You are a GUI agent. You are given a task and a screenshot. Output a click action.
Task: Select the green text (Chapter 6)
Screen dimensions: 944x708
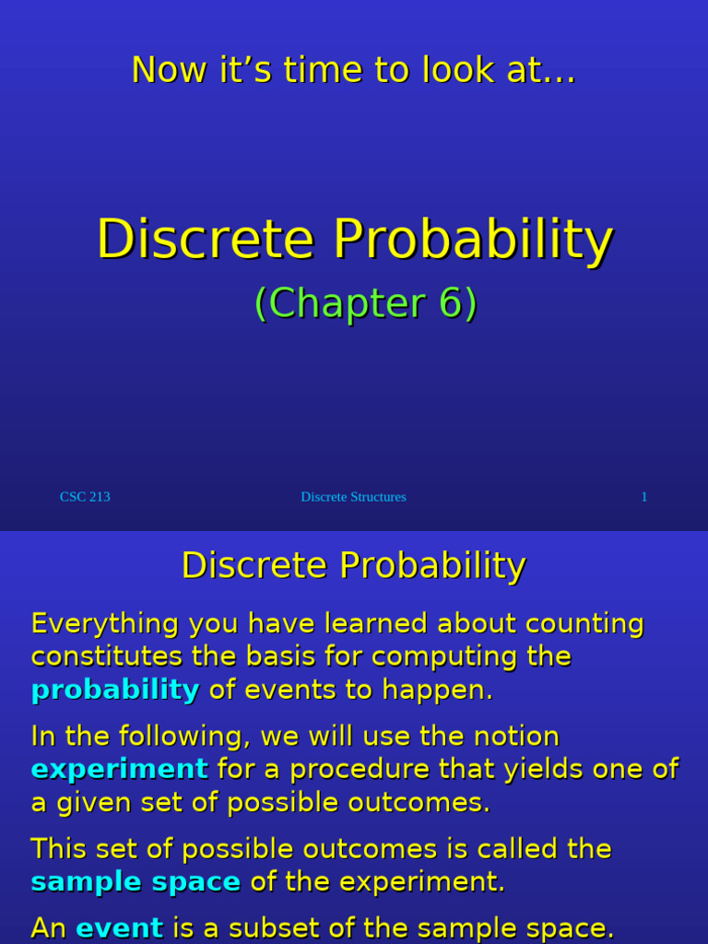(x=365, y=303)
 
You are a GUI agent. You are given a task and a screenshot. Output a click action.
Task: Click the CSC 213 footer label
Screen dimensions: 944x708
(x=85, y=497)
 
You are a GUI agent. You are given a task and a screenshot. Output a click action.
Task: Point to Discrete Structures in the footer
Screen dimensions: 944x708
(x=353, y=497)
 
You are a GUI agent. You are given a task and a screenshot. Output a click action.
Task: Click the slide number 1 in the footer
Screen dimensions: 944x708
(x=644, y=497)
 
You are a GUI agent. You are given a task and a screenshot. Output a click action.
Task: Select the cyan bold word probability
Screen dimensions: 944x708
(x=115, y=690)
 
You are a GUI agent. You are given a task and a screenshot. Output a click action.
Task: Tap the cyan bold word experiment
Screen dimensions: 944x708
(x=120, y=769)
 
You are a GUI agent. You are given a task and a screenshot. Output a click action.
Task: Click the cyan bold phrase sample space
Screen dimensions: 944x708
(x=136, y=882)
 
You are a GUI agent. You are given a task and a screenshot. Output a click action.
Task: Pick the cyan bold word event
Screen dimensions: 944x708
(x=119, y=927)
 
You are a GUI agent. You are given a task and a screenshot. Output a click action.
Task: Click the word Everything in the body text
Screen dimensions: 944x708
(x=104, y=624)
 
